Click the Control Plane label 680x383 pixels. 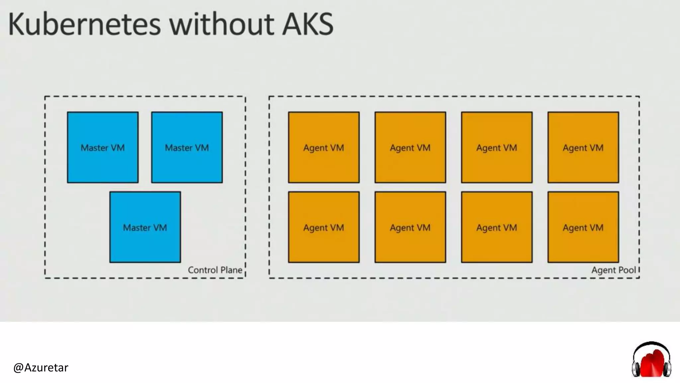pyautogui.click(x=215, y=270)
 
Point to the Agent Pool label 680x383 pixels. pyautogui.click(x=613, y=270)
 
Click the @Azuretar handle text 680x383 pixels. pyautogui.click(x=41, y=367)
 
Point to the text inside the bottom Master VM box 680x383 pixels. pyautogui.click(x=145, y=228)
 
